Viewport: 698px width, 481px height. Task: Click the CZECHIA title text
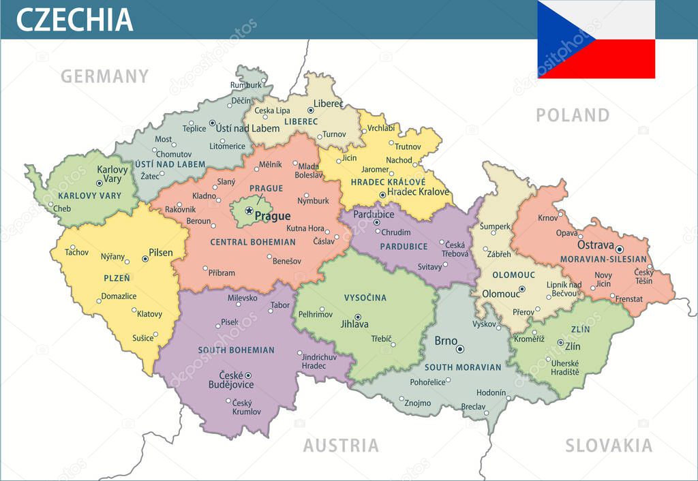click(74, 19)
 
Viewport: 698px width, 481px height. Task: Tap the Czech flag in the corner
click(596, 40)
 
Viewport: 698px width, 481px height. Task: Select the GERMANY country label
click(104, 76)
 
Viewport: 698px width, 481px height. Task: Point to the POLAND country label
click(573, 115)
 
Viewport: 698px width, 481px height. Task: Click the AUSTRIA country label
click(341, 446)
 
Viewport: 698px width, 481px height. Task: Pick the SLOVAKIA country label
click(609, 446)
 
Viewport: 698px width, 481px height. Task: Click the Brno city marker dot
click(460, 349)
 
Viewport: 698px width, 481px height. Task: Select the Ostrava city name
click(595, 245)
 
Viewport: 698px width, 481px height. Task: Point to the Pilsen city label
click(162, 252)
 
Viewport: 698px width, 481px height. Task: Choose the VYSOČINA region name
click(365, 298)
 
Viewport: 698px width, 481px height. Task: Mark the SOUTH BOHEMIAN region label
click(236, 350)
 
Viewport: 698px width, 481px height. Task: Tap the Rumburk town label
click(245, 85)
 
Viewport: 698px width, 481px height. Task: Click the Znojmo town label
click(417, 403)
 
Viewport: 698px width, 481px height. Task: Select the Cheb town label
click(62, 208)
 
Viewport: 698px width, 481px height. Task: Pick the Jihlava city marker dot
click(356, 316)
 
